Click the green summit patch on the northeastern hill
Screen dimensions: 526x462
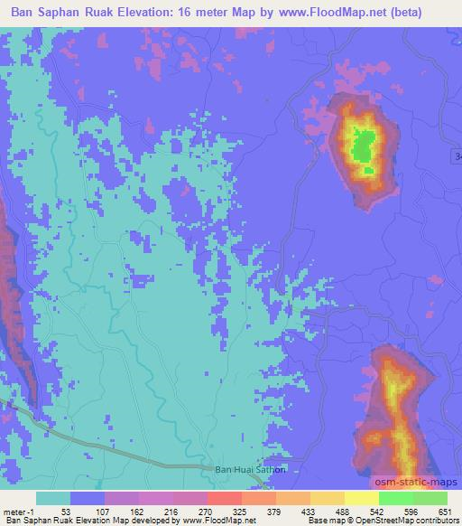tap(363, 146)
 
